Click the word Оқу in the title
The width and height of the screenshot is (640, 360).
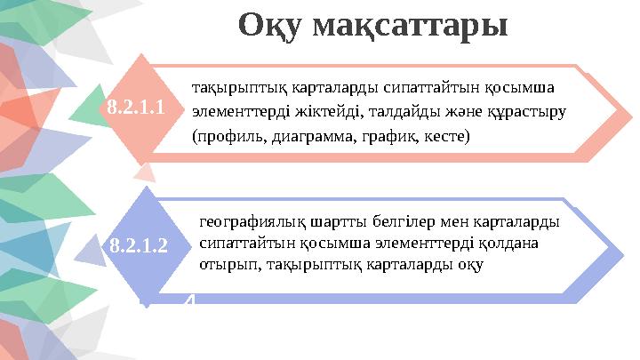(x=272, y=25)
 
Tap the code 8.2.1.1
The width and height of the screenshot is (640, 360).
(x=135, y=108)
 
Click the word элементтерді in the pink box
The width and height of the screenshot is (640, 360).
(x=233, y=113)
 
